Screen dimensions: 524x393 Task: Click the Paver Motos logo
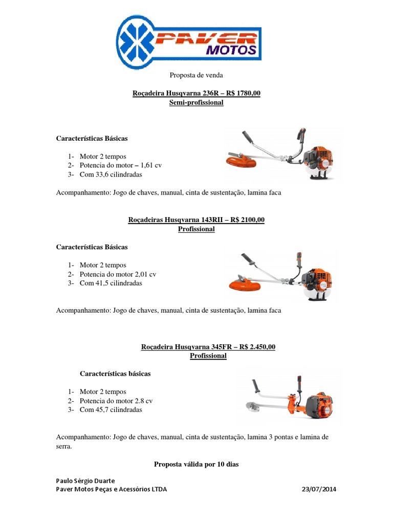(189, 41)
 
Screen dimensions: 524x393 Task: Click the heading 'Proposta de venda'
(196, 75)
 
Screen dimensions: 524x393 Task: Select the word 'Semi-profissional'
(196, 102)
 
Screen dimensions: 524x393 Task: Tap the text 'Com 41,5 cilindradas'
(111, 283)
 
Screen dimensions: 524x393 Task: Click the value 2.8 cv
(144, 401)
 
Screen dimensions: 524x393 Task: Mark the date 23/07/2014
(319, 489)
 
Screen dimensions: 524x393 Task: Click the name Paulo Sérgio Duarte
(85, 481)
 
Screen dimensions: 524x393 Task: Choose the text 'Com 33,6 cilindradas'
(111, 174)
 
